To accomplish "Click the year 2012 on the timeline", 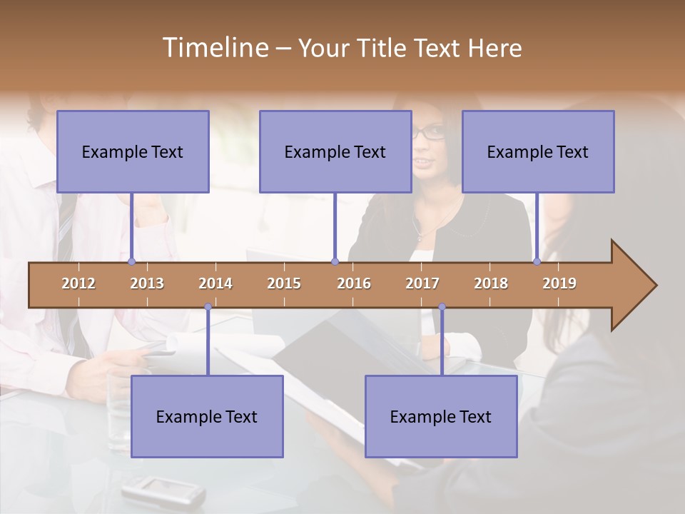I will [78, 283].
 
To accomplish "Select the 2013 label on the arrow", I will [147, 283].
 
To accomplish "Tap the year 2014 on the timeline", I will [215, 283].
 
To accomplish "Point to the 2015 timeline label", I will [284, 283].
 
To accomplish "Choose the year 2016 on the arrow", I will [354, 283].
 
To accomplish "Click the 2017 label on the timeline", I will [422, 283].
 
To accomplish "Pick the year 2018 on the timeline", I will [491, 283].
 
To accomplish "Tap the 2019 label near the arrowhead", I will [559, 283].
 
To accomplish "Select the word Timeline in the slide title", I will [214, 48].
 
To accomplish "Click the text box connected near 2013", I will [133, 151].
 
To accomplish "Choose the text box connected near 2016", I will [335, 151].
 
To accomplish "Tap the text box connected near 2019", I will [538, 151].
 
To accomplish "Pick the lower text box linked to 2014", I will [207, 416].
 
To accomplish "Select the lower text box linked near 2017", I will [441, 416].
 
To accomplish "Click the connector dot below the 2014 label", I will [208, 307].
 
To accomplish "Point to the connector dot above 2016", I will [335, 262].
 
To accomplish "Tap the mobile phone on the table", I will [163, 492].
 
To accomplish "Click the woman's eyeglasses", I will [430, 132].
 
